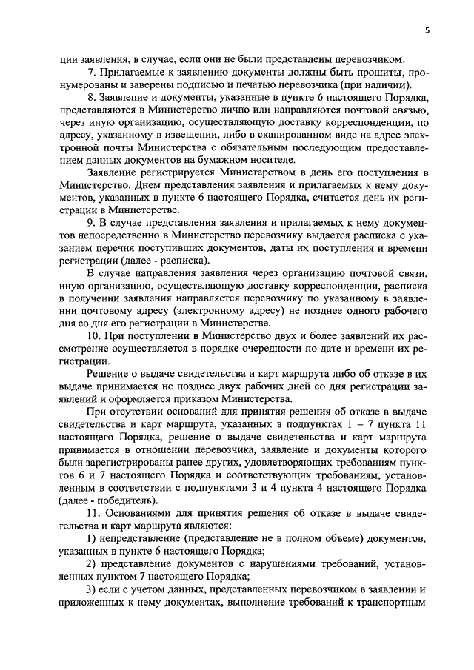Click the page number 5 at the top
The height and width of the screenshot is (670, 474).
[427, 30]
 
